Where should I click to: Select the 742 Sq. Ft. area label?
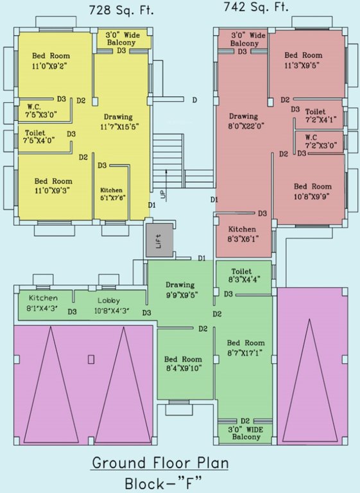[x=256, y=8]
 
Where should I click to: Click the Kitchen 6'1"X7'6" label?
[x=112, y=194]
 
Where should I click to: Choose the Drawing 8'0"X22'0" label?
[x=243, y=121]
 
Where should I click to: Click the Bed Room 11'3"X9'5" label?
[x=303, y=60]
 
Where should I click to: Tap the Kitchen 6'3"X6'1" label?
[x=241, y=233]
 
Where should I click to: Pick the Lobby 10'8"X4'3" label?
[x=113, y=305]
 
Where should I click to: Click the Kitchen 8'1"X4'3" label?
[x=42, y=302]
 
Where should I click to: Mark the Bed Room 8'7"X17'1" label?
[x=246, y=347]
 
